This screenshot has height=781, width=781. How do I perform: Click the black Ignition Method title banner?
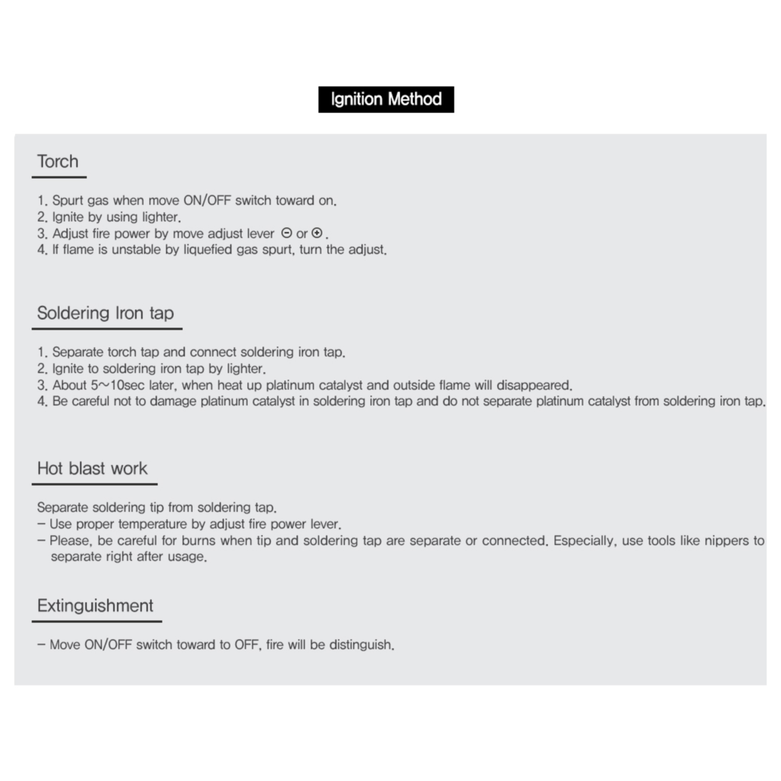386,99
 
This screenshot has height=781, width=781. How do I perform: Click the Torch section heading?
58,161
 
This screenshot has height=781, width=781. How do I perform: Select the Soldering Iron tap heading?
105,313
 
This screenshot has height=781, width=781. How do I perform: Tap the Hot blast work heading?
92,469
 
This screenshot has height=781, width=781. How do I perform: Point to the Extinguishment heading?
95,606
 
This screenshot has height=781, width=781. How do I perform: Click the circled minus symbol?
286,233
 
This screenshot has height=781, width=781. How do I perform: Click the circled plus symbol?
317,233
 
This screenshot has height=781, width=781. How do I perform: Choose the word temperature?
152,524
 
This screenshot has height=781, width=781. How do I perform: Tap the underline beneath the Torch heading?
59,178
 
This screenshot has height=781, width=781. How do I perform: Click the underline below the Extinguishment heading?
97,621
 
